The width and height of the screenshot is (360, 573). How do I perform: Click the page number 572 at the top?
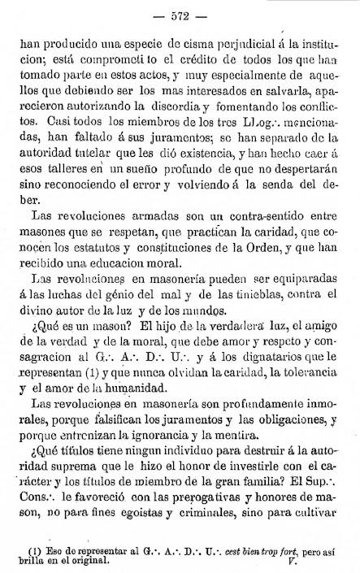(180, 16)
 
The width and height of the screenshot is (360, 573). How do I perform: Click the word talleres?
(75, 169)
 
